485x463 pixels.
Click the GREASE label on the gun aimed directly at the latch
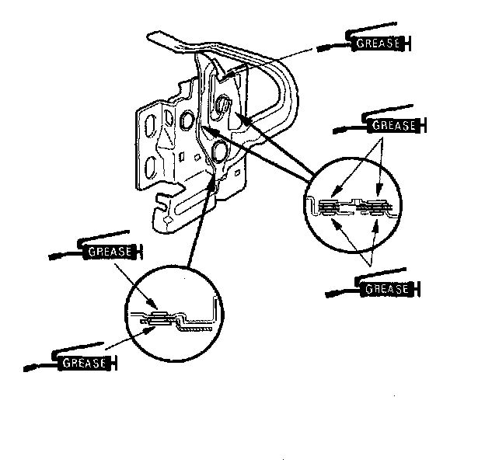[376, 44]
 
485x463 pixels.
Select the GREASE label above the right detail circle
[392, 124]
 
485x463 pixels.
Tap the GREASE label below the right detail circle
[386, 290]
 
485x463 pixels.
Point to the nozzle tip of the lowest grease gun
[28, 367]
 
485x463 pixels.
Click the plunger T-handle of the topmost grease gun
[407, 44]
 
